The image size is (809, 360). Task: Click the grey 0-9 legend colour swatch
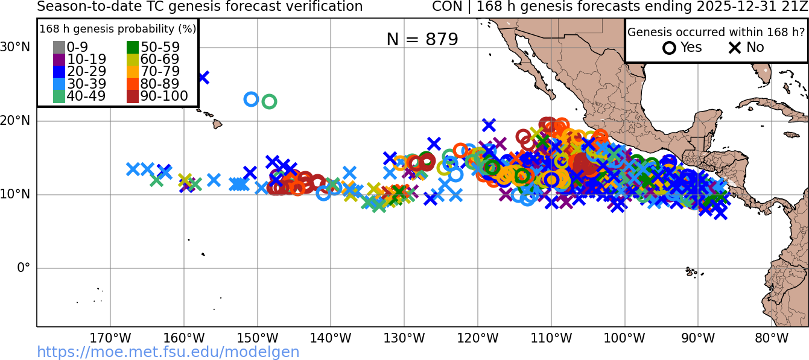point(59,48)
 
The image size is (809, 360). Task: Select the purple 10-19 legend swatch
point(59,60)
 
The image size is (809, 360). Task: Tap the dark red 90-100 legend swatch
point(133,96)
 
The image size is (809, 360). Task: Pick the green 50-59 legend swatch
point(133,48)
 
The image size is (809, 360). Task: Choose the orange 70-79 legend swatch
point(133,72)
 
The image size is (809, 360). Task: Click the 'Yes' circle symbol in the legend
point(669,48)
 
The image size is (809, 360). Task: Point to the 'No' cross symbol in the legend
point(735,48)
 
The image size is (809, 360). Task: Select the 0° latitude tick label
point(23,268)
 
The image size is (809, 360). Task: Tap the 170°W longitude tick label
point(110,338)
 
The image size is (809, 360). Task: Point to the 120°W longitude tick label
point(478,338)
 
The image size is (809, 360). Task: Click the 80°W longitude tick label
point(772,338)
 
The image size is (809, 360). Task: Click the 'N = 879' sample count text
point(422,39)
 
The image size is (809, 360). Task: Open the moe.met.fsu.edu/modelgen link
point(168,352)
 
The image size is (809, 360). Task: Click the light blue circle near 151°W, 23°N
point(251,99)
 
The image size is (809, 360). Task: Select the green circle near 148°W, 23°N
point(270,101)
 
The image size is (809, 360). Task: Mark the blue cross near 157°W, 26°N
point(203,77)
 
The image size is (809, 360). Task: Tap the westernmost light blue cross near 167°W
point(133,169)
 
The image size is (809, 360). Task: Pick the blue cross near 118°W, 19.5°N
point(489,125)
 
